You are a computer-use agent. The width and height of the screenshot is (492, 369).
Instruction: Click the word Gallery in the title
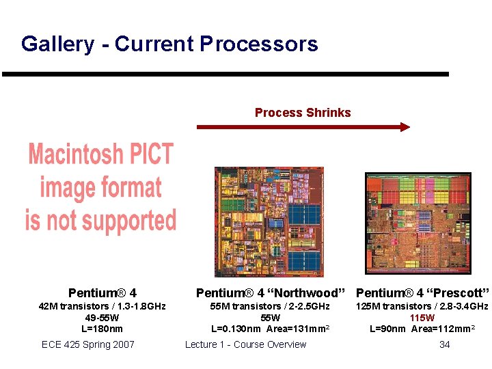coord(57,44)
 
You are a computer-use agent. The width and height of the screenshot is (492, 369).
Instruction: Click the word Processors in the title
coord(259,44)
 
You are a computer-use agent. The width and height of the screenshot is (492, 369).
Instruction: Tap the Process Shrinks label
coord(303,113)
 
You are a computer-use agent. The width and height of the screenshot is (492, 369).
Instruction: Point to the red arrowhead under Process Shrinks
coord(405,126)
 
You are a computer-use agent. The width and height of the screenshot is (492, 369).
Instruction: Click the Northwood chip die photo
coord(269,221)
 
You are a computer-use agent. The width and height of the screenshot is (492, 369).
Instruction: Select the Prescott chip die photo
coord(418,221)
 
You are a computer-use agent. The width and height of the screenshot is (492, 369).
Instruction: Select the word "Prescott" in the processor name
coord(458,293)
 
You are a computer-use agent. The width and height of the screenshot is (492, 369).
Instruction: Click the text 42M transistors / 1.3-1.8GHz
coord(102,306)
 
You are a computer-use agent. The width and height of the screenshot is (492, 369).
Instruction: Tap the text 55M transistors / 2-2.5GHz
coord(270,306)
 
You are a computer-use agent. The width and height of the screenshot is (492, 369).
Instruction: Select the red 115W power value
coord(422,318)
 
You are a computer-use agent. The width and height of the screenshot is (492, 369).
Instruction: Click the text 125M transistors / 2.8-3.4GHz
coord(422,306)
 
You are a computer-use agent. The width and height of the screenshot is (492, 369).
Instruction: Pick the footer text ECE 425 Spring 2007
coord(88,344)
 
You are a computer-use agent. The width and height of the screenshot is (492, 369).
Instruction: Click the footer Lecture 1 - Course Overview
coord(246,344)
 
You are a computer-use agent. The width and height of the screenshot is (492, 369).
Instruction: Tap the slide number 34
coord(444,344)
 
